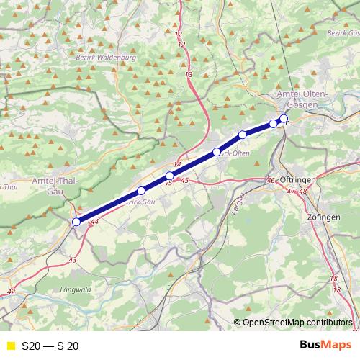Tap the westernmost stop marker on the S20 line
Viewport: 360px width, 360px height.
[x=76, y=222]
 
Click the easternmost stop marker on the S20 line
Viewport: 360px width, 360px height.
[x=284, y=118]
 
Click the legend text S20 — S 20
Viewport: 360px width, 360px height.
[x=50, y=346]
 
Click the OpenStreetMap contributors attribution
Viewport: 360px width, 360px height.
[x=297, y=323]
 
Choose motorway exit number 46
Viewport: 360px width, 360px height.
[x=271, y=180]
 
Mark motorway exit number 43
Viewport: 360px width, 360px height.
[x=72, y=259]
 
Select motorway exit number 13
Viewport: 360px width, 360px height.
[x=189, y=75]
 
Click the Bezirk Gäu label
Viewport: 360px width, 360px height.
[x=141, y=202]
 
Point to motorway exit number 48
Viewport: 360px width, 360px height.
[x=302, y=192]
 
